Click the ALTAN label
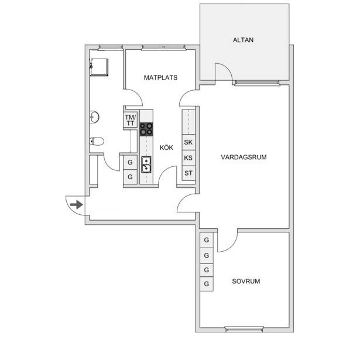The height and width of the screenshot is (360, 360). (243, 40)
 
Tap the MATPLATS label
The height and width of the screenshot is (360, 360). (160, 78)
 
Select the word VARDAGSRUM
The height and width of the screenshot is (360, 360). (244, 157)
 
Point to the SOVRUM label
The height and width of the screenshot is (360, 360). (246, 281)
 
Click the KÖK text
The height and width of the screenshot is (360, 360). (166, 148)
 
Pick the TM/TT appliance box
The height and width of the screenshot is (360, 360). (131, 120)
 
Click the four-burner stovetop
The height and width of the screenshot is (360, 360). (146, 129)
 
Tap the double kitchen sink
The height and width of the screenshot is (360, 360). (146, 164)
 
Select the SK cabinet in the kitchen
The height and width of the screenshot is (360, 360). (188, 142)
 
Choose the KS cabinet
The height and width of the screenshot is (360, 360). (188, 158)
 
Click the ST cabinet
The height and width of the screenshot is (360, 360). (188, 173)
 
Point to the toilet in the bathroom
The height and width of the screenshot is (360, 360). (97, 142)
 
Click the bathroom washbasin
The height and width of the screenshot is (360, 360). (94, 117)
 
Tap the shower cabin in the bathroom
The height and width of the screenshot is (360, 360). (99, 67)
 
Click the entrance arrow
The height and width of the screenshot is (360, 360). (77, 204)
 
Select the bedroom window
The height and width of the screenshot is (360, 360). (244, 330)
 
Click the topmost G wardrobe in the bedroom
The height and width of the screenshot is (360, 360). (207, 240)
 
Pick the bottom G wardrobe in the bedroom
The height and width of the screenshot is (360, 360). (207, 284)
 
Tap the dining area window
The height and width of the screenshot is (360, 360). (164, 47)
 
